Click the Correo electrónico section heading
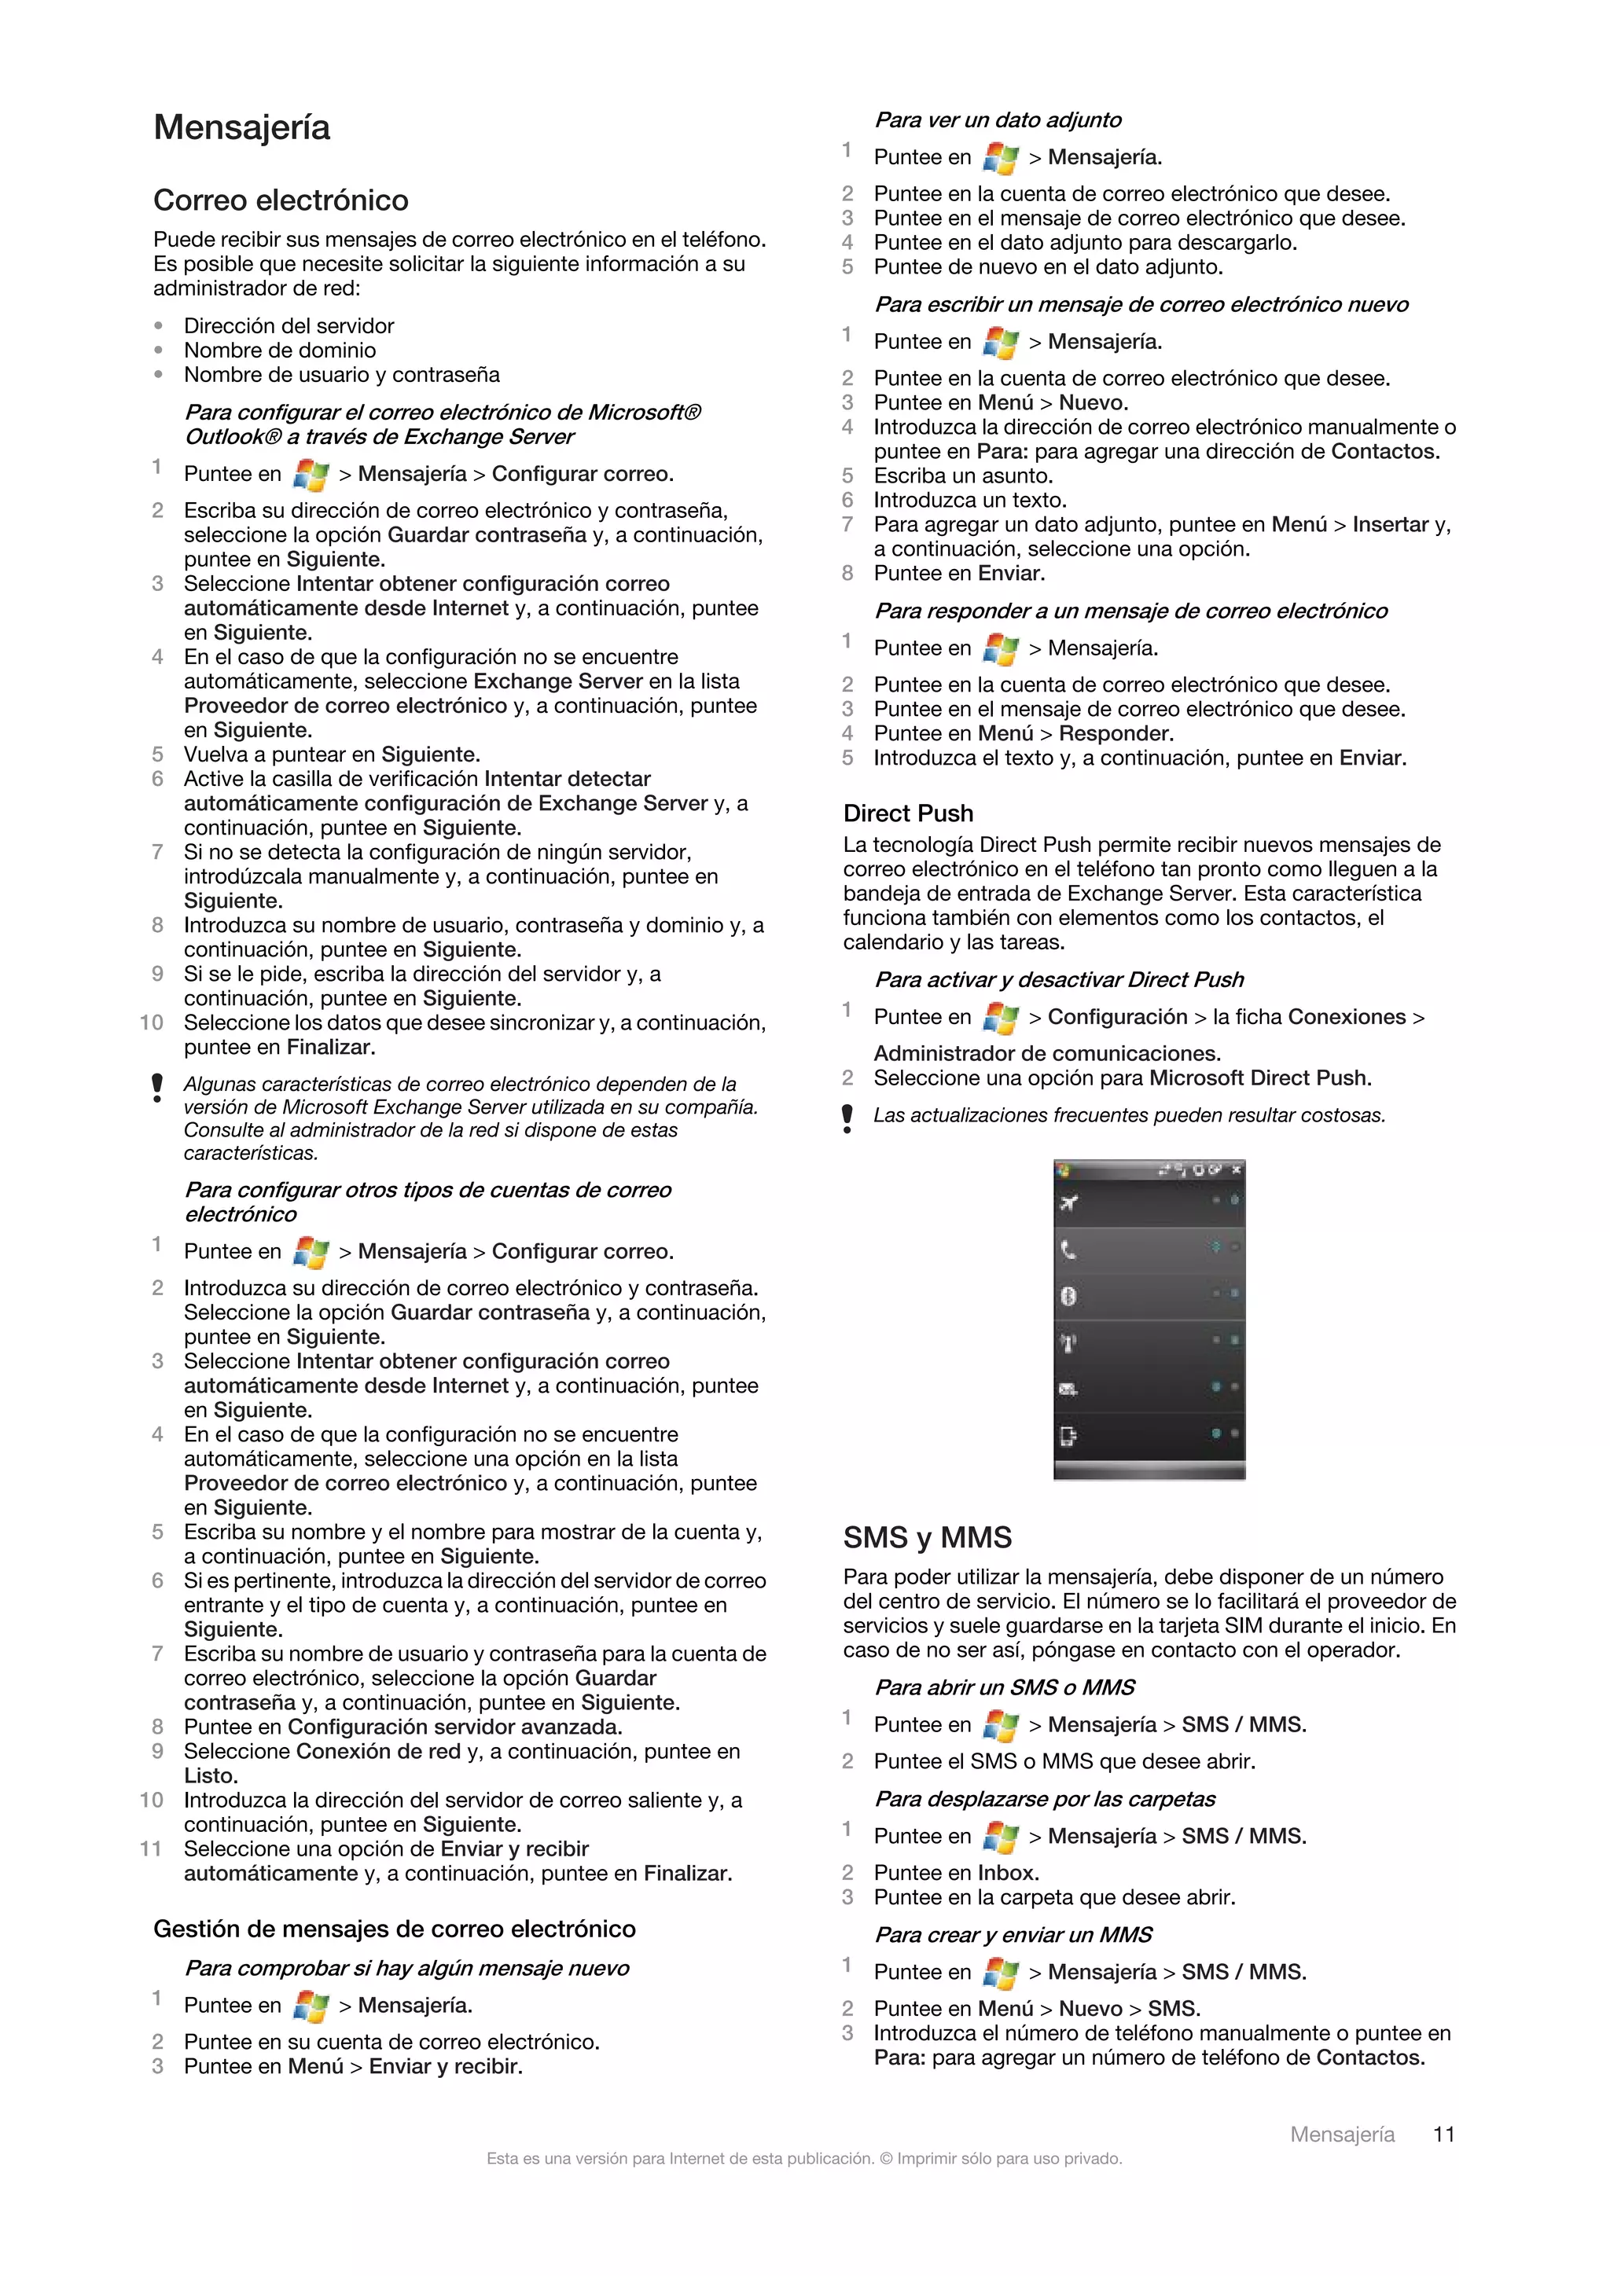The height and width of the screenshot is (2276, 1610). (x=281, y=201)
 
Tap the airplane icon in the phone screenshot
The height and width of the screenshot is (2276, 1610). (x=1068, y=1202)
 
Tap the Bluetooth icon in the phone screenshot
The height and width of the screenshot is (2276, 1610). (x=1068, y=1296)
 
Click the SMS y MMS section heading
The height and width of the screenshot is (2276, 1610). (x=926, y=1537)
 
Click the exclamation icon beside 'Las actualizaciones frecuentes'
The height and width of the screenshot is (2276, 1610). (x=847, y=1118)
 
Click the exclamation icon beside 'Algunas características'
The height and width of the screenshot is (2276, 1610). (x=156, y=1088)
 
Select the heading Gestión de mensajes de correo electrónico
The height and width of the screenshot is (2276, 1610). (x=394, y=1928)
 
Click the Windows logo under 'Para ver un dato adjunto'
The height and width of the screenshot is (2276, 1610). (x=1000, y=158)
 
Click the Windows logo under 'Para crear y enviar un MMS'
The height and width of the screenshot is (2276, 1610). (x=1000, y=1973)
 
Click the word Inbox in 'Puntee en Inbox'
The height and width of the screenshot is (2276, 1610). (x=1005, y=1873)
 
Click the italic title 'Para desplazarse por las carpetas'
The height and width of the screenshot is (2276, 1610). (x=1044, y=1798)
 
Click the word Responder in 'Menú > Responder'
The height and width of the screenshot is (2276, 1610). (x=1116, y=733)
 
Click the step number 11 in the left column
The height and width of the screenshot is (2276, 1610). (x=151, y=1848)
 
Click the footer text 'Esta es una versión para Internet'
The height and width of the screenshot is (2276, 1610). (x=803, y=2158)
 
